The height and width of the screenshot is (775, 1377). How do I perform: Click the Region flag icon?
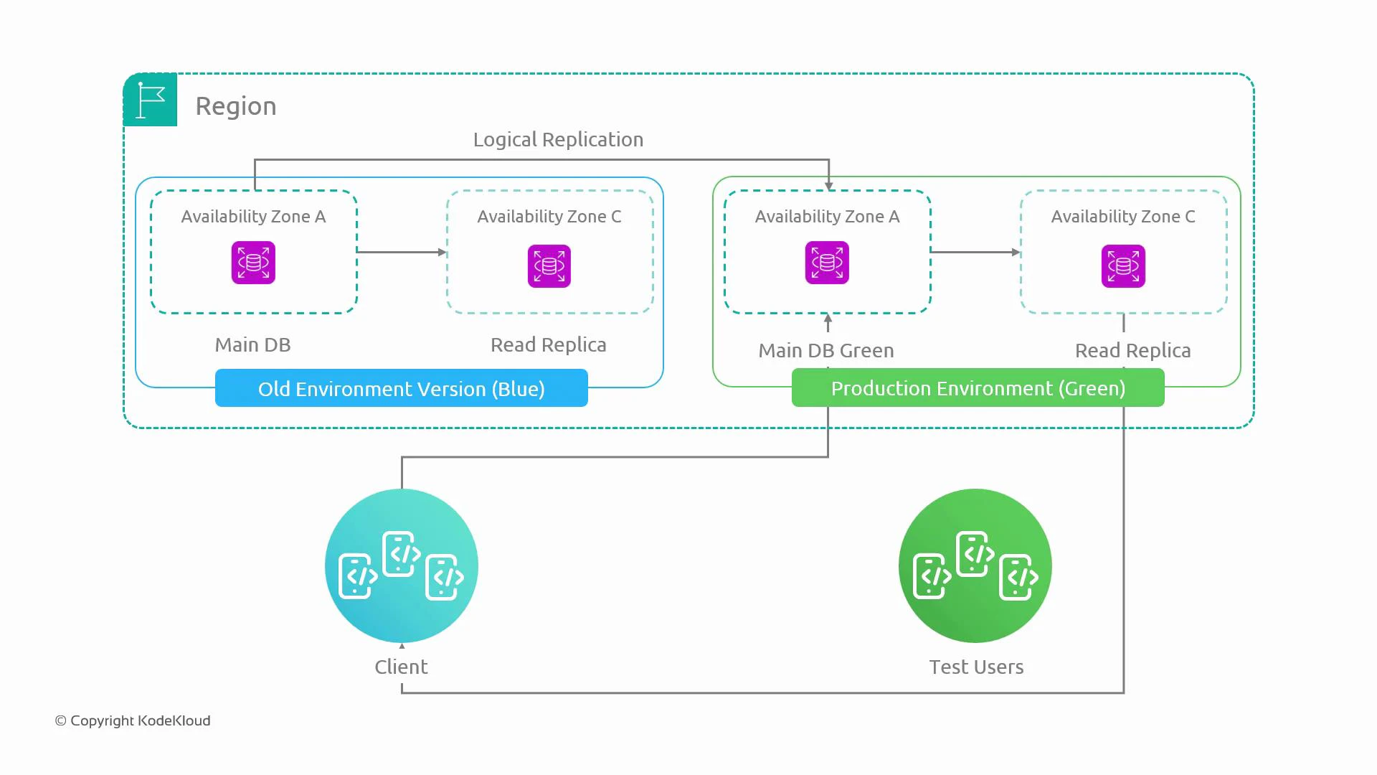click(151, 100)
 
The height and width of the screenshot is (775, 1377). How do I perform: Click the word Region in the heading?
click(236, 106)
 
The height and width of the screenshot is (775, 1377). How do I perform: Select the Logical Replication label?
click(558, 139)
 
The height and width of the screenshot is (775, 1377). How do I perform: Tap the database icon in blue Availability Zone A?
click(253, 263)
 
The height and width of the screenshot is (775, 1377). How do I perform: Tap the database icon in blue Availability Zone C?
click(549, 266)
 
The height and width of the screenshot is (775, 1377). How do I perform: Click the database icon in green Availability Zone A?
click(827, 263)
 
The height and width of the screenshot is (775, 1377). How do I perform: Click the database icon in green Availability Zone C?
click(1123, 266)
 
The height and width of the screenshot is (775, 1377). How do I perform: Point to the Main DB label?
click(252, 345)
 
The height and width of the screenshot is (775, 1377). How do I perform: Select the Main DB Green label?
click(826, 351)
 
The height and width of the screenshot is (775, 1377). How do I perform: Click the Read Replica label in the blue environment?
click(549, 345)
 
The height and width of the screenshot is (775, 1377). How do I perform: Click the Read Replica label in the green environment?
click(1132, 351)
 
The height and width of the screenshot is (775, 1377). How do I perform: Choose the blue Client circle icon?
click(402, 565)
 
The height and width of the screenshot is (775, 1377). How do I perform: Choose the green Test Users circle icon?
click(975, 565)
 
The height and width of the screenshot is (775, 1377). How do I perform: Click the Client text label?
click(401, 667)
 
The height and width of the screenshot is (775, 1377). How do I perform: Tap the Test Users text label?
click(976, 667)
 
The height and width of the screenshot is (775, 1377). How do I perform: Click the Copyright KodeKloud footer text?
click(133, 720)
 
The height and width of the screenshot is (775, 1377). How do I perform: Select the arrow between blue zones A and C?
click(402, 252)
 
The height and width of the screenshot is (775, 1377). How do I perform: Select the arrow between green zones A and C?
click(975, 252)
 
